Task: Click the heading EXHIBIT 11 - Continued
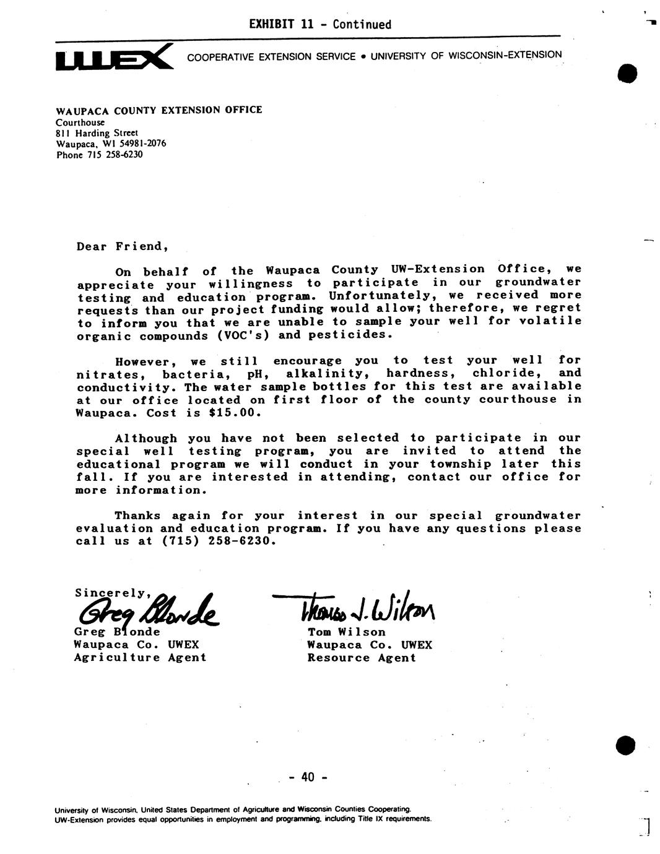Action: point(319,25)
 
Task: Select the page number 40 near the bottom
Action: point(308,777)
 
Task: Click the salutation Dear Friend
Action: point(123,246)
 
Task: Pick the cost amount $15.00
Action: point(237,413)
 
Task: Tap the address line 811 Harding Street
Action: point(97,132)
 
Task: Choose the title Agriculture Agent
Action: point(140,658)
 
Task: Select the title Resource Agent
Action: point(362,658)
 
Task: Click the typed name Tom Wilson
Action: point(347,632)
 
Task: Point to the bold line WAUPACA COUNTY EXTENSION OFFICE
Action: point(159,110)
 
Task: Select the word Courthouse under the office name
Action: point(80,122)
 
